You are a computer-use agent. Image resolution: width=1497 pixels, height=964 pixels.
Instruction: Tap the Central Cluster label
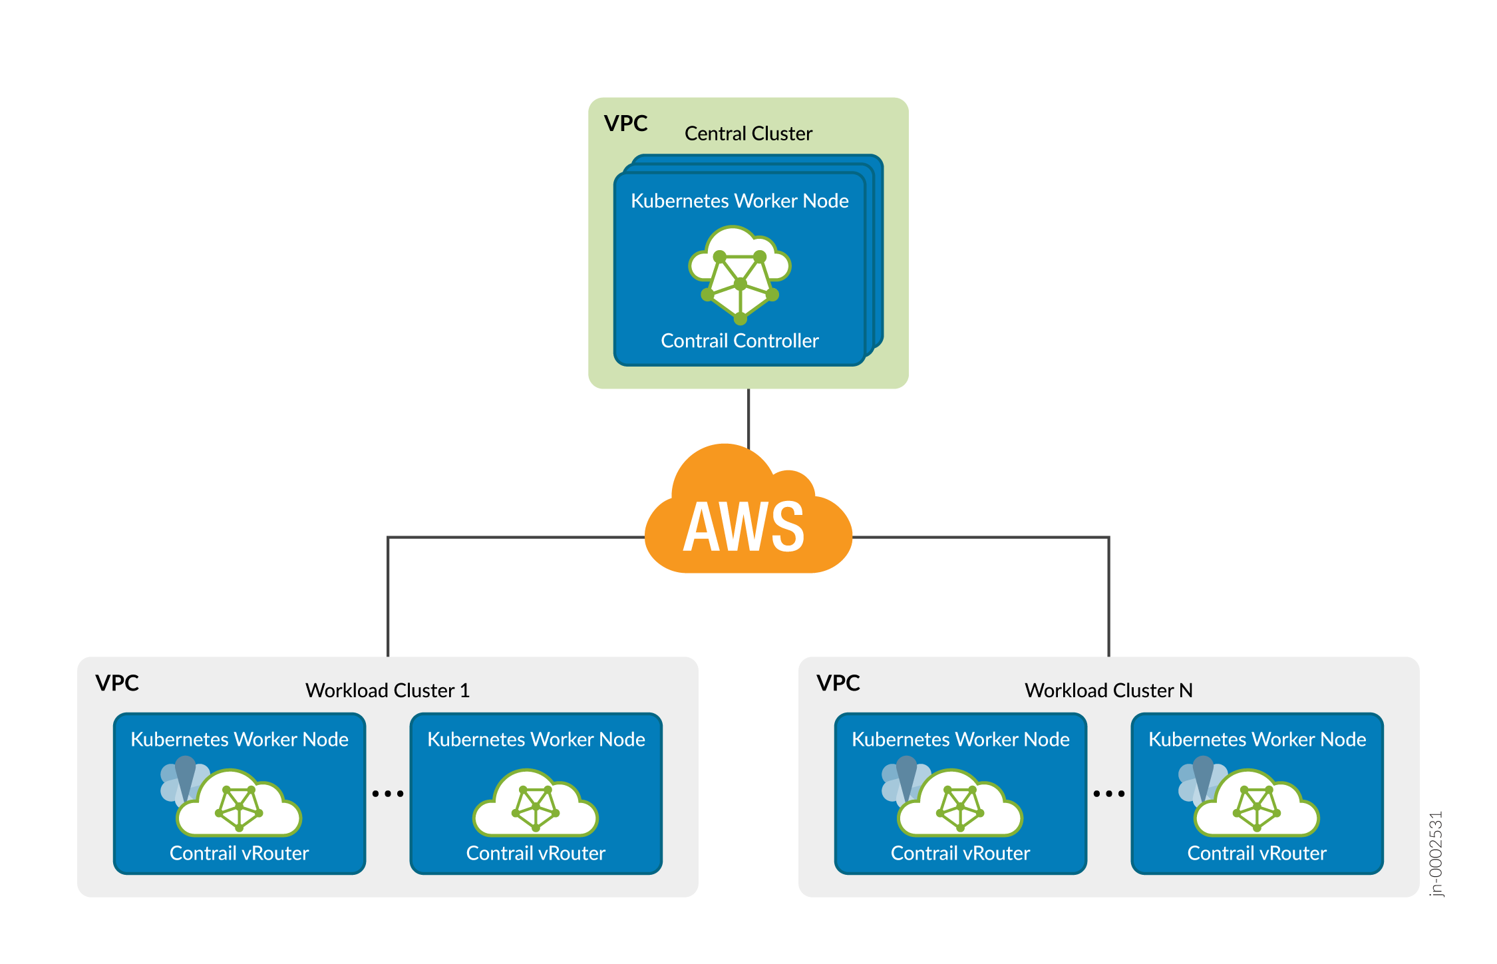coord(748,134)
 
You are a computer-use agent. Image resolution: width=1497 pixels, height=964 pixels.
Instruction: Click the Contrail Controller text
coord(739,341)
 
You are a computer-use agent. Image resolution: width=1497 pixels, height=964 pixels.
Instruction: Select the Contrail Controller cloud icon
coord(739,273)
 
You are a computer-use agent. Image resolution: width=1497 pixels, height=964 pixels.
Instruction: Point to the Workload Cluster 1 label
coord(387,691)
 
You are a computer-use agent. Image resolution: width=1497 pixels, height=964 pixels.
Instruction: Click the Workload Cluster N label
coord(1108,691)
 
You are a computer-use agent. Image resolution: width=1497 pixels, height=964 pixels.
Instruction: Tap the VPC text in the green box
coord(625,124)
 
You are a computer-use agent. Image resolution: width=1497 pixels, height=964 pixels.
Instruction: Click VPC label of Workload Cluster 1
coord(117,683)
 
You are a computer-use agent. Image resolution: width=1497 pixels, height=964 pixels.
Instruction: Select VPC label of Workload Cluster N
coord(838,683)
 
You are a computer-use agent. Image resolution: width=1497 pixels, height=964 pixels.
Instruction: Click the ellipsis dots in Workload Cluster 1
coord(388,794)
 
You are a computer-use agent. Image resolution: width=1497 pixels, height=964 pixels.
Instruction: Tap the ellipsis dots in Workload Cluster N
coord(1109,794)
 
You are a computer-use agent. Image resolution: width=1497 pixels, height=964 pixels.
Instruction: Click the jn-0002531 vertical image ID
coord(1436,854)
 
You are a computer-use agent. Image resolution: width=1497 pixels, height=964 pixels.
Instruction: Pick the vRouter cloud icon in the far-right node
coord(1257,805)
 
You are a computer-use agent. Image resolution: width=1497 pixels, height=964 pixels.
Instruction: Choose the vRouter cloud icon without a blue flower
coord(536,805)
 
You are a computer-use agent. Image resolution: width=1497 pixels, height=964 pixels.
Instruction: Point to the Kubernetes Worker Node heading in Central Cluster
coord(739,201)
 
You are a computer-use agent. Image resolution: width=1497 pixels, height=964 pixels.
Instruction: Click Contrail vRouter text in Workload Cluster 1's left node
coord(240,854)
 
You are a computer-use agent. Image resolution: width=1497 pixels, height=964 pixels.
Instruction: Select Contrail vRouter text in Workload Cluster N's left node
coord(960,854)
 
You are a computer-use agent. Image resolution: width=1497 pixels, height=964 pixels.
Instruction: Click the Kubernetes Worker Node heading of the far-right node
coord(1257,740)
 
